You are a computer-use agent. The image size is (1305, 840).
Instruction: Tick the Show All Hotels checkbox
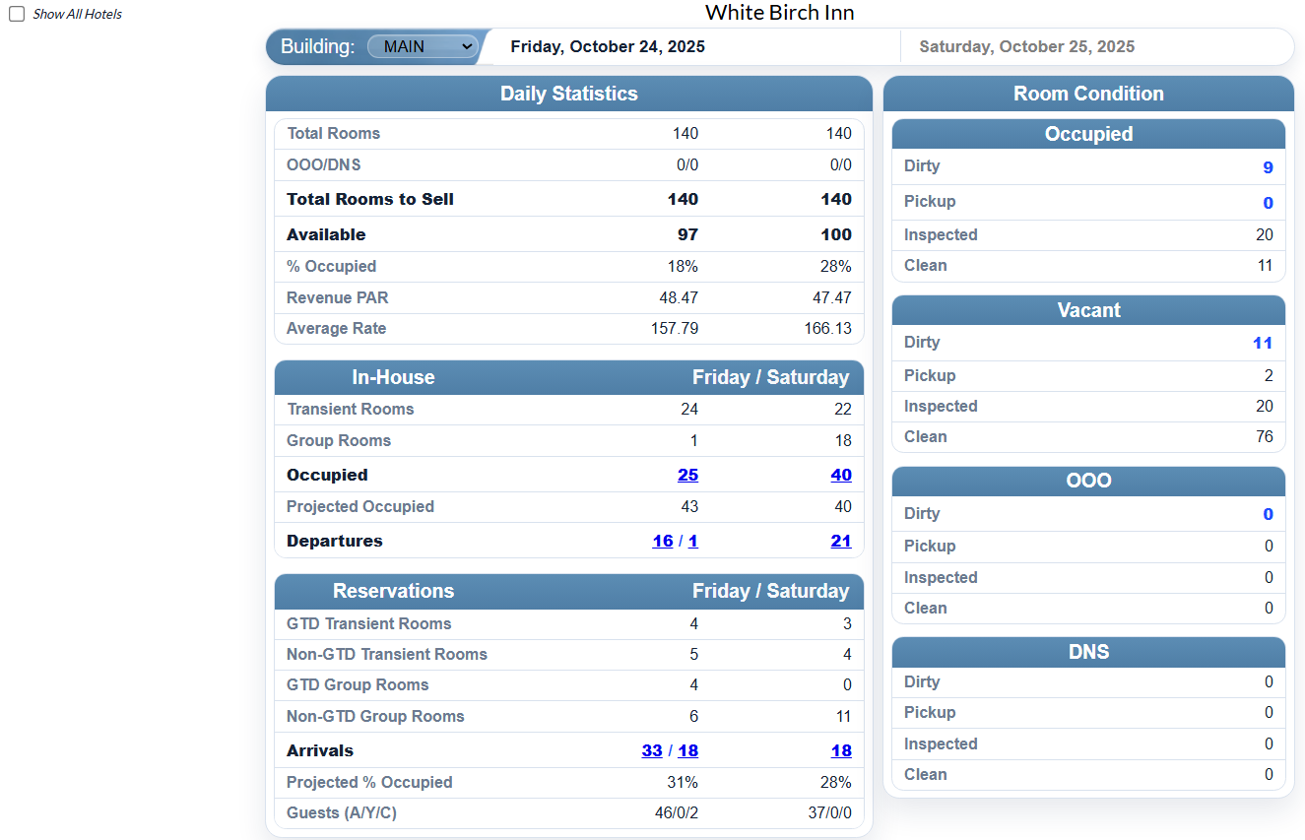(x=17, y=15)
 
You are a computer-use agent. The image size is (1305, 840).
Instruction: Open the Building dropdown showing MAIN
(x=422, y=46)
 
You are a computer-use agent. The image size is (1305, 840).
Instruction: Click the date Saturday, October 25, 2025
(x=1026, y=46)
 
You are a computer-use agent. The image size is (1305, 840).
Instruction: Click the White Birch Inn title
(x=779, y=13)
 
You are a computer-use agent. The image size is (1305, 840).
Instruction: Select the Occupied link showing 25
(x=687, y=475)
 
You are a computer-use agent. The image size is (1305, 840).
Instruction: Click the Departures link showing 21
(x=840, y=541)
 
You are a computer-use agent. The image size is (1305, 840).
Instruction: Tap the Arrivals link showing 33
(x=652, y=750)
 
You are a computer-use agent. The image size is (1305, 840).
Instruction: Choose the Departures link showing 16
(x=663, y=541)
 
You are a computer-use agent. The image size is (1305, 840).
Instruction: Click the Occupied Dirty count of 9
(x=1268, y=167)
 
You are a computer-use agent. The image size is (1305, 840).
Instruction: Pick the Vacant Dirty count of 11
(x=1263, y=343)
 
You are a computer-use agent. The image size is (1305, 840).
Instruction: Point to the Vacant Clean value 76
(x=1264, y=436)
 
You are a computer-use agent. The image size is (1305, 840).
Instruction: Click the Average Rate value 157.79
(x=675, y=328)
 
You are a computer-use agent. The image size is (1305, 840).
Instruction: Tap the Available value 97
(x=687, y=234)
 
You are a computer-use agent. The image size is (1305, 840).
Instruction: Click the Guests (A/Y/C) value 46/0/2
(x=677, y=813)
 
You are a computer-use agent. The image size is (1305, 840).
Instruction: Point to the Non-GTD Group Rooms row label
(x=375, y=716)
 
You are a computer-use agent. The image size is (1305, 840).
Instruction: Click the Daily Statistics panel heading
(x=568, y=94)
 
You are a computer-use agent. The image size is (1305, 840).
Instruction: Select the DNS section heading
(x=1088, y=652)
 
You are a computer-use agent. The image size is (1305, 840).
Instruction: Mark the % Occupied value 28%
(x=835, y=266)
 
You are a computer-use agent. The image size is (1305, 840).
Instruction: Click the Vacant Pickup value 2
(x=1269, y=375)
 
